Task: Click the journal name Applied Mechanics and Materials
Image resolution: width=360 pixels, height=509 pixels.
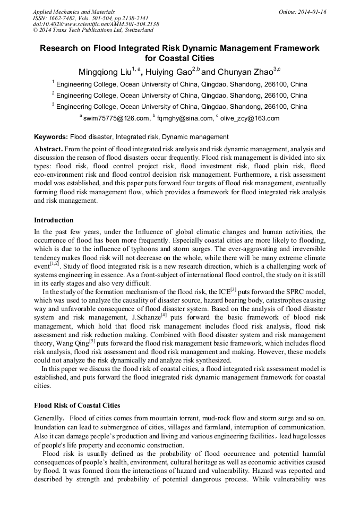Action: pos(73,12)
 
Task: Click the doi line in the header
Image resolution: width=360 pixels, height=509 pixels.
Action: pos(96,24)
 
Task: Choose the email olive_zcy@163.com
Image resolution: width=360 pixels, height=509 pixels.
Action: pos(250,118)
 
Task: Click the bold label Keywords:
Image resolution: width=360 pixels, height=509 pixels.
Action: pos(51,136)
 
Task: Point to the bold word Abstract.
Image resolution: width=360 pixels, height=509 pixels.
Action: pos(49,149)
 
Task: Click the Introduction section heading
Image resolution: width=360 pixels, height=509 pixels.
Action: pos(54,220)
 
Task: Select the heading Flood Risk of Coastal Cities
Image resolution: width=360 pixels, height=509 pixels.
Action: pos(77,405)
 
